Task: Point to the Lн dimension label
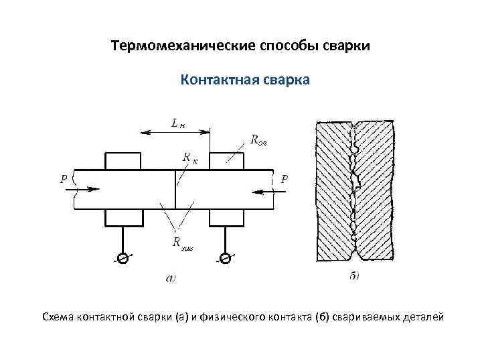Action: click(177, 123)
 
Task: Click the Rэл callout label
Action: click(258, 140)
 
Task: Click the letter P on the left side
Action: click(63, 179)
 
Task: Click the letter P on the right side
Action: click(285, 179)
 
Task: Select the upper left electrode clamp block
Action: click(123, 161)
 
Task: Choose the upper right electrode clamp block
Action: click(226, 161)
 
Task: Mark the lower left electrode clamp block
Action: click(123, 218)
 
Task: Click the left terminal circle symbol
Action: click(123, 257)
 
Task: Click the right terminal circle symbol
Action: click(226, 257)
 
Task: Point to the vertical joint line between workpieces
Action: click(175, 190)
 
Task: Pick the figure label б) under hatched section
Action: click(355, 275)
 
